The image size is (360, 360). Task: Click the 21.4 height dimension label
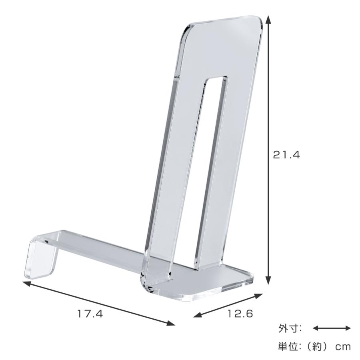(286, 155)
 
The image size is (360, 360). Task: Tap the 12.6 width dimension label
(241, 314)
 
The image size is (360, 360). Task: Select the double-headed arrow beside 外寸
(332, 328)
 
